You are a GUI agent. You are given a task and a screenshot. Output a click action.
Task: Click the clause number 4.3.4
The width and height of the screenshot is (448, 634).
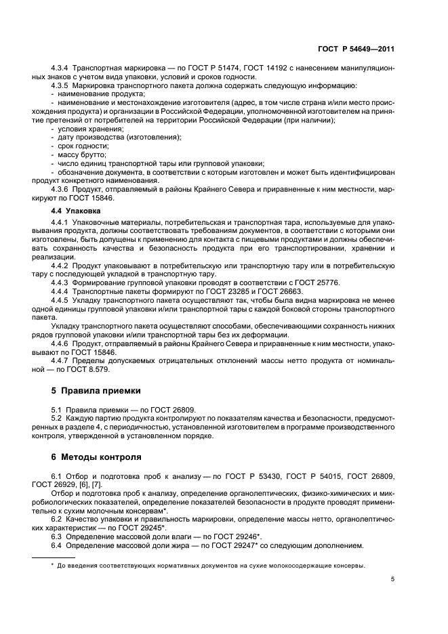click(x=60, y=69)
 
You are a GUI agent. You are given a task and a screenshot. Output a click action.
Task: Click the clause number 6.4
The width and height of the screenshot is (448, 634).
click(x=57, y=545)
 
